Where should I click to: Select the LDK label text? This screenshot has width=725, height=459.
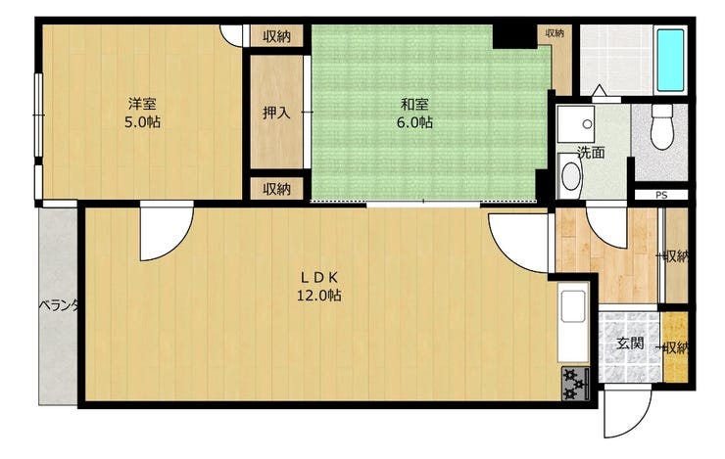(x=319, y=276)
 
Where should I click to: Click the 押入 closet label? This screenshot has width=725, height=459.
(x=276, y=113)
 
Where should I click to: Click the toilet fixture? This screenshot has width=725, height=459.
(x=662, y=128)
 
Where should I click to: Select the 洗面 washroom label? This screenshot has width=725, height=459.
(x=590, y=152)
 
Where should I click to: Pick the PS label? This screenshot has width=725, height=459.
(x=661, y=196)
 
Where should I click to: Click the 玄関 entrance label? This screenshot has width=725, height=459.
(x=629, y=344)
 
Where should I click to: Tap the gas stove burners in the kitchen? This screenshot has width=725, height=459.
(x=574, y=385)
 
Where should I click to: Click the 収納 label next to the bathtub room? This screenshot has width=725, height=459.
(x=555, y=33)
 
